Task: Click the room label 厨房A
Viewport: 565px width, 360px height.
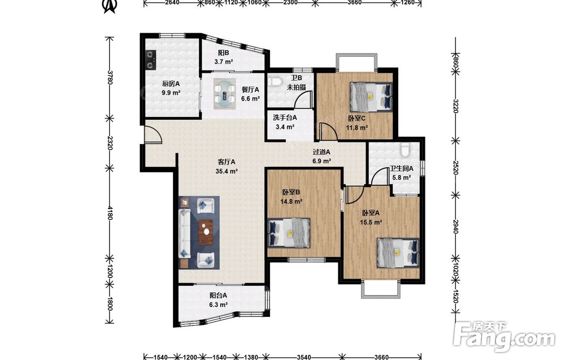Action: pos(171,84)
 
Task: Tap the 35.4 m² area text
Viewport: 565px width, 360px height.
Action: pos(227,171)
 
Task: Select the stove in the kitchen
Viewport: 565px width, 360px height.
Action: pos(150,60)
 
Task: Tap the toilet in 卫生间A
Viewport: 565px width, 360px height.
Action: pos(405,149)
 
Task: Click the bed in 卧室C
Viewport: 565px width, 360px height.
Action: pos(371,96)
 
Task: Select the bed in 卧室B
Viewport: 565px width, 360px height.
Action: pos(289,233)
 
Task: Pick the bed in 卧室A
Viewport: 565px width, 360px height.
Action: pos(398,253)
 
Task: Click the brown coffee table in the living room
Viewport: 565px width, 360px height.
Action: pos(206,232)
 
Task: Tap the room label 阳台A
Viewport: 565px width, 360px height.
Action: pos(218,296)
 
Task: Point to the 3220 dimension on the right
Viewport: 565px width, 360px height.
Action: pos(455,106)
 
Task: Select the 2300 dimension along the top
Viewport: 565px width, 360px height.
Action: pos(290,3)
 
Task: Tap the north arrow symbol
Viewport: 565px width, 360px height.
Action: pos(110,6)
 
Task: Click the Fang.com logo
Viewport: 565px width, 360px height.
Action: pos(504,337)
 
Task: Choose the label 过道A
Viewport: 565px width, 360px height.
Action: pos(321,152)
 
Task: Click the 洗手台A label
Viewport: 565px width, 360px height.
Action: pos(285,118)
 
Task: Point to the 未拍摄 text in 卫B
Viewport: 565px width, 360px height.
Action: pos(297,87)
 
